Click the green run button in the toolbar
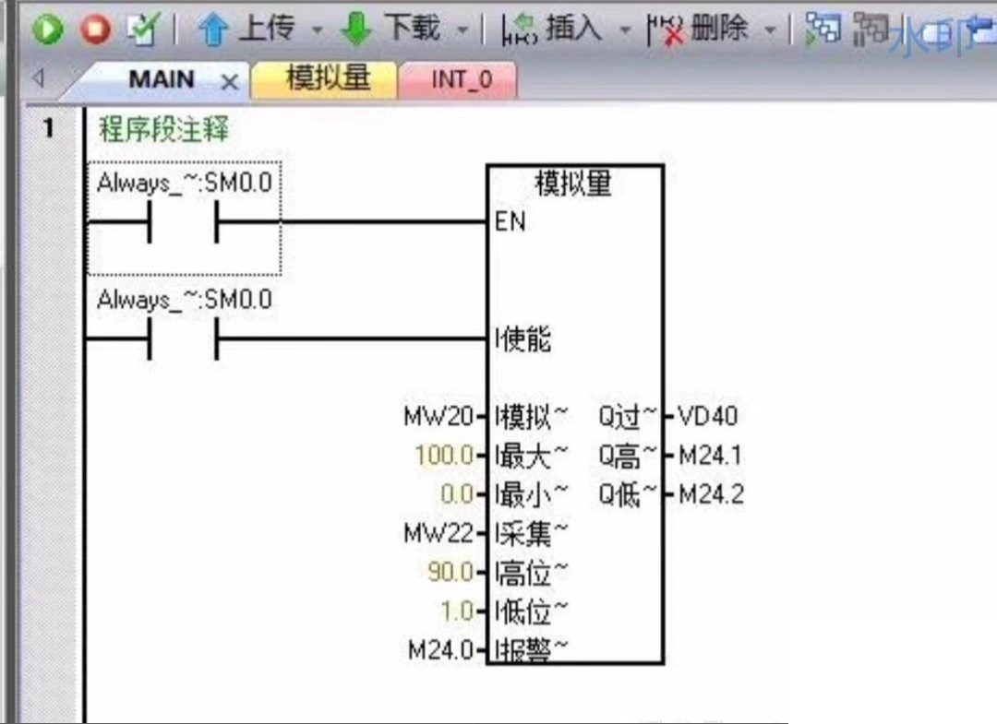[x=47, y=30]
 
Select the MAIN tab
[x=162, y=80]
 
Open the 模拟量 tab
[x=328, y=79]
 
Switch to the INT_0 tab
[x=462, y=80]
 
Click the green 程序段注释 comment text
[x=163, y=130]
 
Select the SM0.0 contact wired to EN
[x=183, y=222]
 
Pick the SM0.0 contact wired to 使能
[x=183, y=339]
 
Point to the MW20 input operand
[x=438, y=417]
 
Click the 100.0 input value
[x=444, y=456]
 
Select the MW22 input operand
[x=438, y=533]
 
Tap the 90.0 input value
[x=450, y=573]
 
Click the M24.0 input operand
[x=440, y=650]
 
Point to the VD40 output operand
[x=708, y=417]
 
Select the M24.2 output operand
[x=711, y=495]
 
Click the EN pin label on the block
[x=511, y=222]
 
